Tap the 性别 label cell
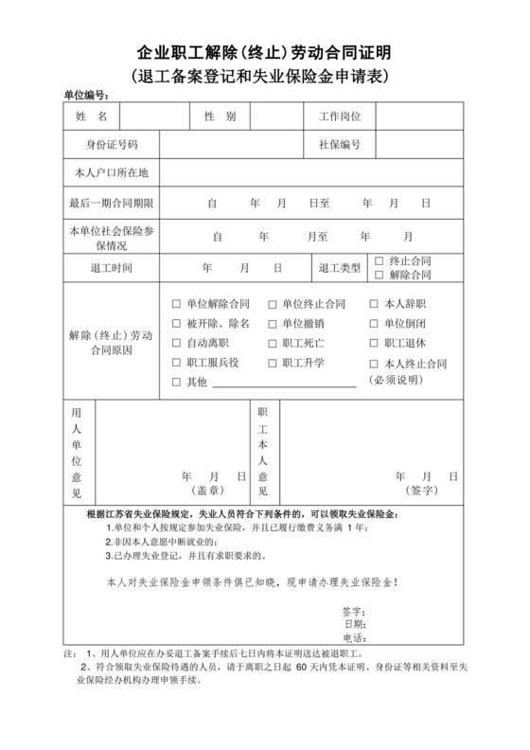(220, 116)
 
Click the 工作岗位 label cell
(339, 116)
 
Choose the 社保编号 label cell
(339, 145)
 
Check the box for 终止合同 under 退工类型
(380, 260)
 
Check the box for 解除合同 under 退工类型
(380, 275)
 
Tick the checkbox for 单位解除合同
(176, 304)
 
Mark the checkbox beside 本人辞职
(373, 304)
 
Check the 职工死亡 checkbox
(273, 343)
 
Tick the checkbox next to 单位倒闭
(373, 323)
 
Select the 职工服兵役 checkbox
(176, 363)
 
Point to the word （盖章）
(208, 491)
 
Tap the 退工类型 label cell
(339, 268)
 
